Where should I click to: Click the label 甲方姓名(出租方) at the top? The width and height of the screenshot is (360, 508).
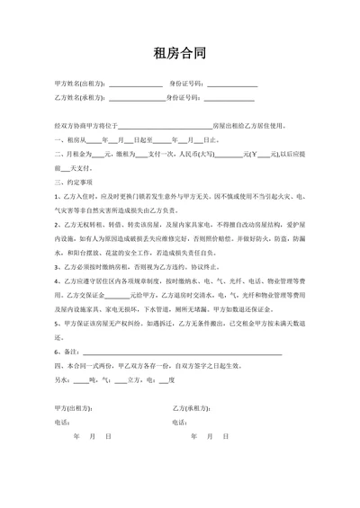(79, 84)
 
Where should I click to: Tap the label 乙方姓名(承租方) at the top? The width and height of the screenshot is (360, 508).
(79, 98)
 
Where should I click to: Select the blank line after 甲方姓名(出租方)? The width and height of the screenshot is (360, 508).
(135, 85)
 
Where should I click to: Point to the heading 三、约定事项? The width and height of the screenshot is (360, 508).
(74, 180)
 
